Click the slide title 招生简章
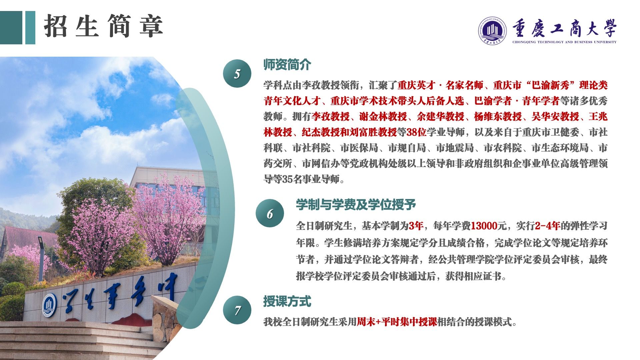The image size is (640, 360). pyautogui.click(x=103, y=26)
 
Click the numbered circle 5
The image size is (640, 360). pyautogui.click(x=237, y=74)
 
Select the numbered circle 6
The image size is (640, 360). pyautogui.click(x=270, y=213)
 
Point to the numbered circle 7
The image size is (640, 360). pyautogui.click(x=237, y=310)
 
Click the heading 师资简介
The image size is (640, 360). pyautogui.click(x=287, y=65)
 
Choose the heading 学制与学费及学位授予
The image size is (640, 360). pyautogui.click(x=356, y=205)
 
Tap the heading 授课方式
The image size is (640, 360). pyautogui.click(x=287, y=301)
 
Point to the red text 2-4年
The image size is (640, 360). pyautogui.click(x=547, y=226)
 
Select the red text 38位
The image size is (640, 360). pyautogui.click(x=416, y=132)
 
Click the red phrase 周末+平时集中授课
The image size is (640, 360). pyautogui.click(x=397, y=322)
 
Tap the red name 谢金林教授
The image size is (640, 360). pyautogui.click(x=383, y=117)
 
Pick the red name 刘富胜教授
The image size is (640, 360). pyautogui.click(x=373, y=132)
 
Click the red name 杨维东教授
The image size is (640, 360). pyautogui.click(x=498, y=117)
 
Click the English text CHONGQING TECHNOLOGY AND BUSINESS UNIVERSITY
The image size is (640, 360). pyautogui.click(x=564, y=42)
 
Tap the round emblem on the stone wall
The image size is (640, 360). pyautogui.click(x=49, y=305)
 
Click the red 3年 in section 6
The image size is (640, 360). pyautogui.click(x=416, y=226)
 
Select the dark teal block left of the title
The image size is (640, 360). pyautogui.click(x=11, y=28)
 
